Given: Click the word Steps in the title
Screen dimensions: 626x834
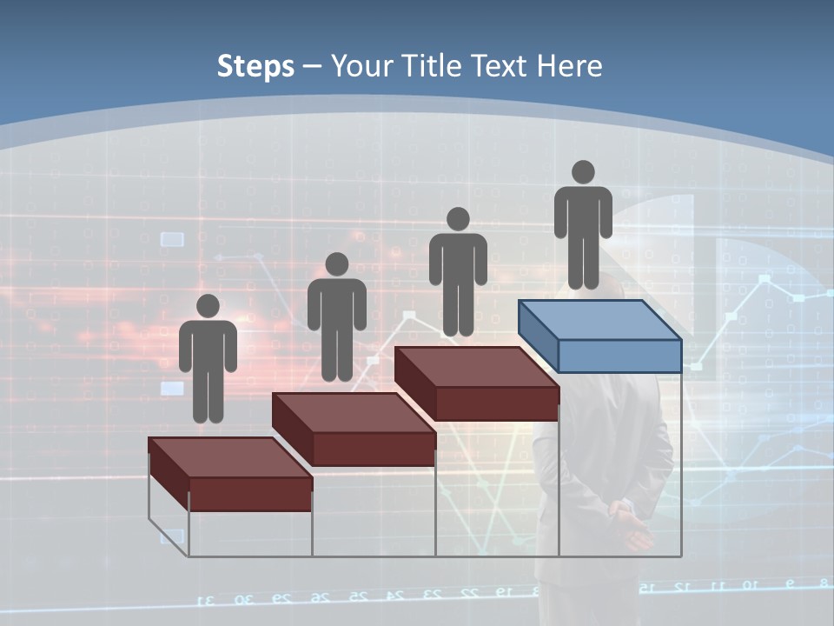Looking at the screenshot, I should [255, 66].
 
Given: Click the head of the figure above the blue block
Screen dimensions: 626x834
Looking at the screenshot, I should [583, 173].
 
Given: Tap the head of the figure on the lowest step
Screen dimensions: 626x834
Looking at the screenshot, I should [208, 306].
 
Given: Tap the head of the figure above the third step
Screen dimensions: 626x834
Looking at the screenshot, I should [458, 219].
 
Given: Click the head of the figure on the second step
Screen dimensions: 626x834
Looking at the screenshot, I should [336, 264].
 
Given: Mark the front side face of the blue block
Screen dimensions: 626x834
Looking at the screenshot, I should [619, 356].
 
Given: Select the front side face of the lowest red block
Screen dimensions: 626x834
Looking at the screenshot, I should [250, 493].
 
